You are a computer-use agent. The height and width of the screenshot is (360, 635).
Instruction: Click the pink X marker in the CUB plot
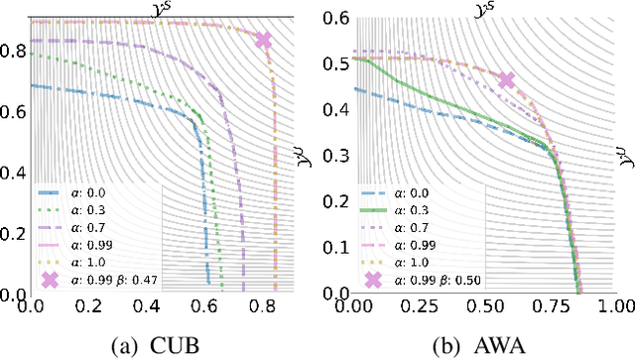(263, 41)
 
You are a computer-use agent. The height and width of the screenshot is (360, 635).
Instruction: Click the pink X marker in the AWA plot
(506, 80)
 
